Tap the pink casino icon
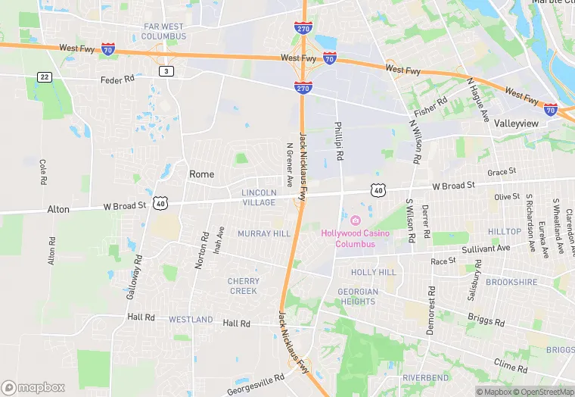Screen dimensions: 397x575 356,220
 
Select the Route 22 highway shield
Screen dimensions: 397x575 45,77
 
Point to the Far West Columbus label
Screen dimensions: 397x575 164,31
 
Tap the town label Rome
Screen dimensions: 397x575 201,174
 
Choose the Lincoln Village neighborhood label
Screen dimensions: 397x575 259,198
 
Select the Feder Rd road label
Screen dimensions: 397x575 117,79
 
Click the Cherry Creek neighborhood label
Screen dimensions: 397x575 243,286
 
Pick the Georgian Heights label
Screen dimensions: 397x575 357,296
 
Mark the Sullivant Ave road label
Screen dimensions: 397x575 486,248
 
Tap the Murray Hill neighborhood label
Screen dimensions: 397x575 264,233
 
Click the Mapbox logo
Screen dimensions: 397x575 33,386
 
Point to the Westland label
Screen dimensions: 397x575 191,320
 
